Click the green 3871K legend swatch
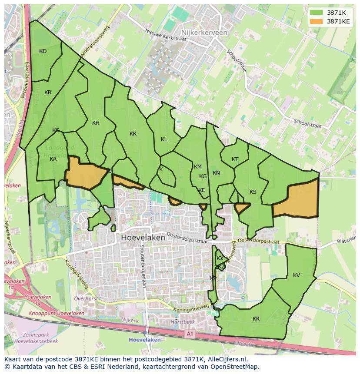click(x=316, y=13)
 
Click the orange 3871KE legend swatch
click(x=316, y=21)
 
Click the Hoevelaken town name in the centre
click(x=143, y=238)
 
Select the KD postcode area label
click(x=43, y=51)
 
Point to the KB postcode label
click(x=48, y=93)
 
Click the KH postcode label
click(x=96, y=123)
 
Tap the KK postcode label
click(x=133, y=134)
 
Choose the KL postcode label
click(x=164, y=139)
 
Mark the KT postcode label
click(x=235, y=159)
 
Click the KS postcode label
click(x=253, y=192)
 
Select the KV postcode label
click(x=297, y=275)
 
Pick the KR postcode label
click(x=256, y=319)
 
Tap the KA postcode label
click(x=53, y=159)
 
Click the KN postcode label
click(x=216, y=173)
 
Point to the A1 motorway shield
click(x=189, y=334)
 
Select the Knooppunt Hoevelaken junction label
click(x=57, y=313)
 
